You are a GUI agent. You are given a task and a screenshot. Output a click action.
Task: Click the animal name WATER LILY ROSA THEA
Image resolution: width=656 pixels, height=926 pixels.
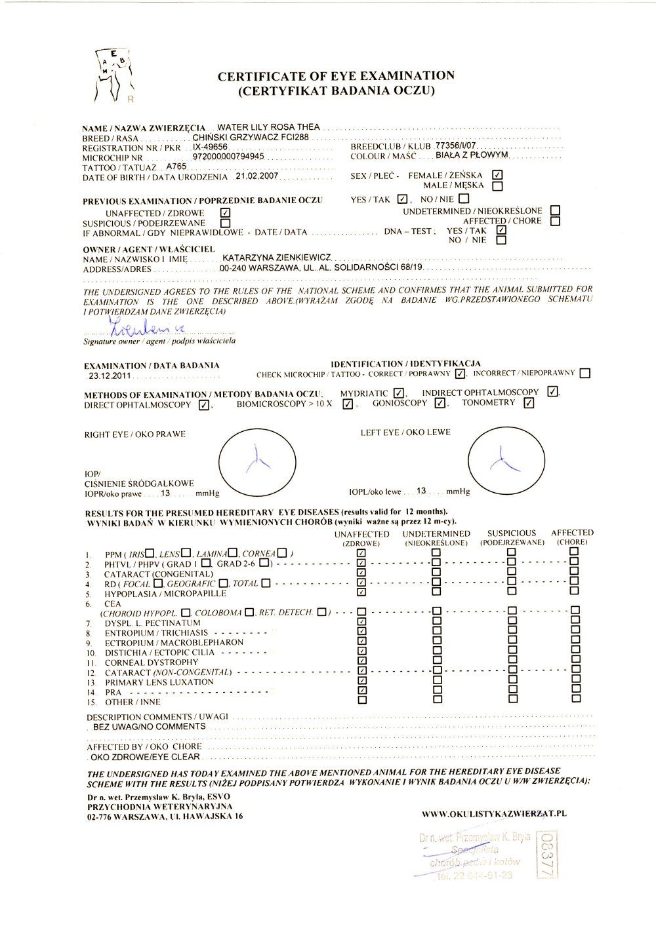click(268, 126)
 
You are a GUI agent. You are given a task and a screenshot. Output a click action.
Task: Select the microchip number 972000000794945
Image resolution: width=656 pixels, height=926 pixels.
click(228, 157)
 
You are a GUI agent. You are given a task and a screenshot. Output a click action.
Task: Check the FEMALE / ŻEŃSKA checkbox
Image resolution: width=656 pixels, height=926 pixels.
click(497, 175)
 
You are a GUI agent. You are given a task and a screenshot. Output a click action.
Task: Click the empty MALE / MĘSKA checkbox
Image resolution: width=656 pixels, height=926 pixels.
click(497, 185)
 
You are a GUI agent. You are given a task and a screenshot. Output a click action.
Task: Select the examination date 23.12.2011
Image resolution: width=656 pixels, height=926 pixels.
click(109, 376)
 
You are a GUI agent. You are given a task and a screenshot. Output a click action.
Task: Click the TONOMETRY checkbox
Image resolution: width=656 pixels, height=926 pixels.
click(529, 403)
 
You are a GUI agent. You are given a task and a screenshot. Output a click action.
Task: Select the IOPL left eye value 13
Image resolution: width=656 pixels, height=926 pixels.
click(422, 490)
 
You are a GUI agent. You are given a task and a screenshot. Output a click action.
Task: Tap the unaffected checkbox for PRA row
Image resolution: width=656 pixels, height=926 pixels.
click(362, 689)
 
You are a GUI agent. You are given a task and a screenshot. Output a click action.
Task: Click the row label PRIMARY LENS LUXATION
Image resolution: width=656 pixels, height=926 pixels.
click(159, 682)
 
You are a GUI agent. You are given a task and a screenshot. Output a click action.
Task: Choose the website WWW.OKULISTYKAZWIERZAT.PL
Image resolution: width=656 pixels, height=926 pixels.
click(494, 813)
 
